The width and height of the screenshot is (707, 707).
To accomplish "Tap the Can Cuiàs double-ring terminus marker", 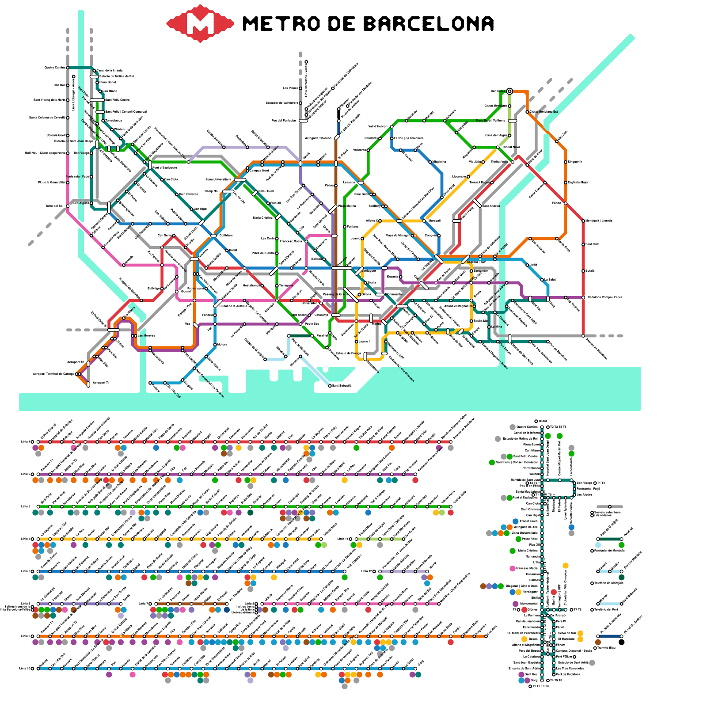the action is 509,91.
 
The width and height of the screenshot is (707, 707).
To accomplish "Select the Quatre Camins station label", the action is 55,68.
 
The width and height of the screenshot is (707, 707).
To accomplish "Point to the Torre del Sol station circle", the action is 68,206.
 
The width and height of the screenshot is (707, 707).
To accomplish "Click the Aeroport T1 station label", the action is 101,383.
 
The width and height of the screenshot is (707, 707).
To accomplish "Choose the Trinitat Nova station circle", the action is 498,147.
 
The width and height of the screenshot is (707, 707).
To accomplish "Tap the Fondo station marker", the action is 566,203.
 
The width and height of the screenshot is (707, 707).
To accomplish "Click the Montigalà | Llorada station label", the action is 599,220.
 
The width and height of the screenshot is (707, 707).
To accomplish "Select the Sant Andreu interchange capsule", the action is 477,203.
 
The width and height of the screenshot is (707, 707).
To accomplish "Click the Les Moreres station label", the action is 146,335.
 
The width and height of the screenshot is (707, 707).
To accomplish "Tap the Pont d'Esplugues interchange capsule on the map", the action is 150,165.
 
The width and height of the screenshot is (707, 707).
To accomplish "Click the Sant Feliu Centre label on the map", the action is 117,100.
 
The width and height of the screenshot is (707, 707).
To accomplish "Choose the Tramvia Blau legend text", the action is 606,648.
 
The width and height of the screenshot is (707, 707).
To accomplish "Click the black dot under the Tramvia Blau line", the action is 622,642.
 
